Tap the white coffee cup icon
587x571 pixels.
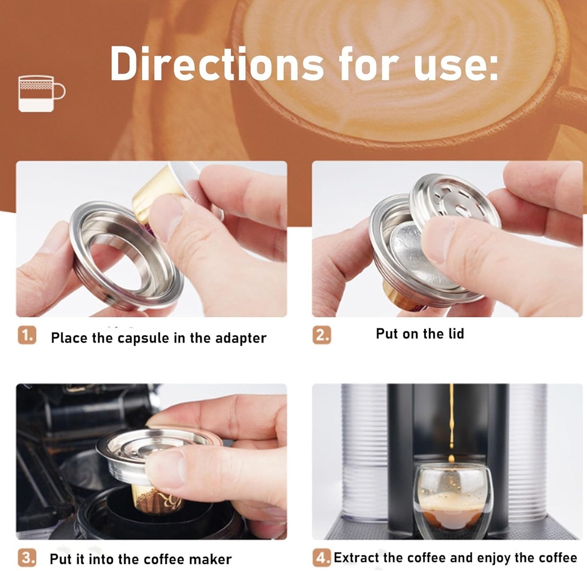click(41, 94)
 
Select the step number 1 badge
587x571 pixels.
click(26, 336)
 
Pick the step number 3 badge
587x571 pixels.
click(26, 557)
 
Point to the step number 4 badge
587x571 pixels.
click(322, 557)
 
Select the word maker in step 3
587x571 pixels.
click(213, 559)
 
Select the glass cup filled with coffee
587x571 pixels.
click(453, 499)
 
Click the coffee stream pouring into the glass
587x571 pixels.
click(451, 419)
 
